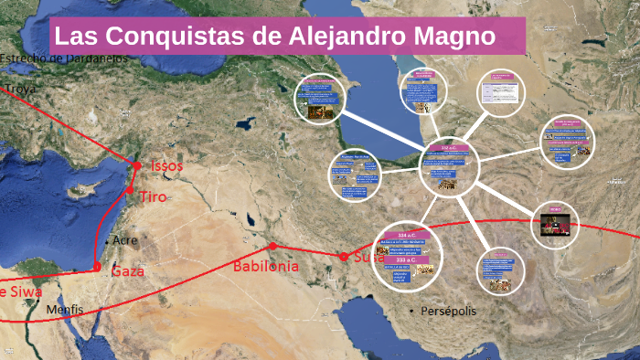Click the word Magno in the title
[454, 37]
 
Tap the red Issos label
[167, 166]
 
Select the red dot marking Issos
[137, 166]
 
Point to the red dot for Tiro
[131, 190]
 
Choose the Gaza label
[129, 271]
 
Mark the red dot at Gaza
[97, 268]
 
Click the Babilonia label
[266, 266]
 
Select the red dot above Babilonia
[272, 247]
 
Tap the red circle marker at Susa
[344, 257]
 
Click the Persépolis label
[448, 312]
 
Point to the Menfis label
[65, 310]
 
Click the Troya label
[21, 89]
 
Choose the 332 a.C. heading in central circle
[450, 148]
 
